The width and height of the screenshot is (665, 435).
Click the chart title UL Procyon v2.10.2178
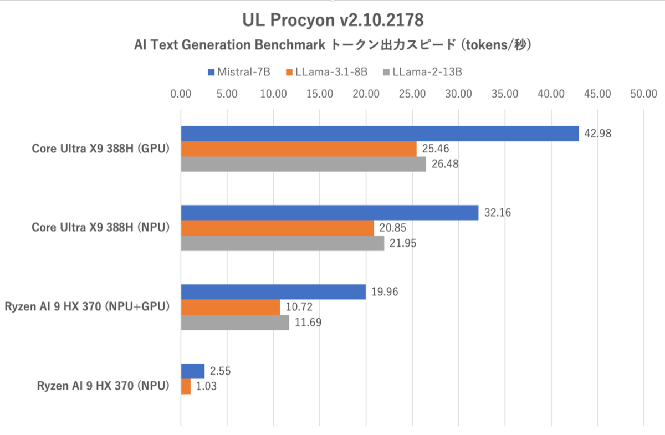(332, 21)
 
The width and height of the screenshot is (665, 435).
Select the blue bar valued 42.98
(380, 134)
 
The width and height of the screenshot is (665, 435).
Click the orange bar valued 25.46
(299, 149)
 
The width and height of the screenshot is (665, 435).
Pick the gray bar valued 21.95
(283, 243)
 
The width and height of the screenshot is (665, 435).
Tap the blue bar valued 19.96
(273, 292)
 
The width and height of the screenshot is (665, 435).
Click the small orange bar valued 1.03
(186, 386)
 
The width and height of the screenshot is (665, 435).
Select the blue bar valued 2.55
(193, 371)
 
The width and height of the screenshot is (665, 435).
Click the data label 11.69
(308, 323)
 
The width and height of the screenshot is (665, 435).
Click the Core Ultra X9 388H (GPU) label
(100, 149)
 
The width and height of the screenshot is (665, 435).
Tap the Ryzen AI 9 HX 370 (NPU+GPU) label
(86, 306)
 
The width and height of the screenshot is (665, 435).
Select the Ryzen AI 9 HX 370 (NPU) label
(103, 386)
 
